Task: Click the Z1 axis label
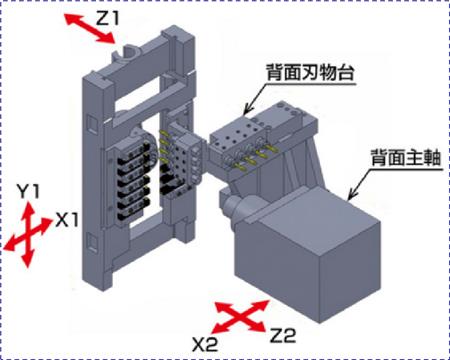click(x=107, y=19)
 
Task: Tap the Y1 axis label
click(x=28, y=192)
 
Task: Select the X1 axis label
click(x=67, y=220)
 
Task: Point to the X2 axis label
click(x=205, y=344)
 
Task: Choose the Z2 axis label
click(x=282, y=336)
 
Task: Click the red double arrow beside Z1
click(x=90, y=28)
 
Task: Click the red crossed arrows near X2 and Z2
click(x=241, y=316)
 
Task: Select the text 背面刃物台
click(x=310, y=72)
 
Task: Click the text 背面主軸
click(x=406, y=158)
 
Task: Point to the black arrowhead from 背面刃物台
click(x=248, y=110)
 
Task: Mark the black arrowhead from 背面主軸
click(x=352, y=195)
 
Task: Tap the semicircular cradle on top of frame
click(x=128, y=54)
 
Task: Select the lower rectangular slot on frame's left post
click(x=90, y=241)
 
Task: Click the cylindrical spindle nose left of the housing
click(x=232, y=205)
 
